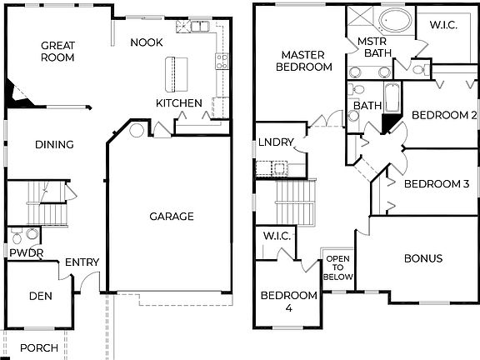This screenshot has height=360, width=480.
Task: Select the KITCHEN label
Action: click(x=179, y=103)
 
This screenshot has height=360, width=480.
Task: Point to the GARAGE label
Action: click(x=172, y=217)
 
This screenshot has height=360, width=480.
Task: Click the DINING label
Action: click(x=54, y=145)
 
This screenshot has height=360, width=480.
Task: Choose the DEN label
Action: click(x=41, y=296)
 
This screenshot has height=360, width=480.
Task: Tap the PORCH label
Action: click(x=38, y=347)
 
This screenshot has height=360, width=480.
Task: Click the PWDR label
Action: click(x=26, y=252)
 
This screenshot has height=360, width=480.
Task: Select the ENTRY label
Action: click(x=82, y=262)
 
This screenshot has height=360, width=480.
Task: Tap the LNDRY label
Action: click(x=276, y=142)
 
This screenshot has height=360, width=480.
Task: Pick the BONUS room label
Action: click(x=423, y=259)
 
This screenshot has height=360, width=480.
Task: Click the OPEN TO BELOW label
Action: click(x=339, y=267)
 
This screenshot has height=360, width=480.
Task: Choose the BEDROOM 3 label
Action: click(x=437, y=184)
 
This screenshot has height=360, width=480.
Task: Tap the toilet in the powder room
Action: click(x=31, y=236)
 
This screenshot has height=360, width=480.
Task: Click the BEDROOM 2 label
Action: click(x=444, y=116)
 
